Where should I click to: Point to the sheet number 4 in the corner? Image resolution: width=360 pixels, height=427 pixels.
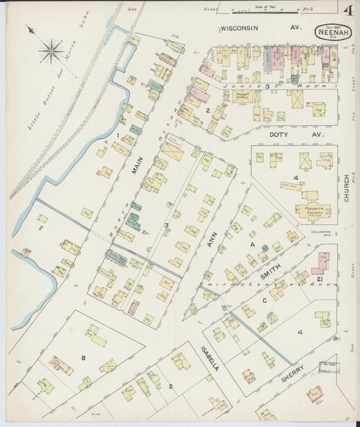tap(348, 11)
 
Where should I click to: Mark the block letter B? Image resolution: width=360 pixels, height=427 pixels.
tap(83, 357)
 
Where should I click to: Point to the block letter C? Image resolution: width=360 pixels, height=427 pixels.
tap(264, 299)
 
